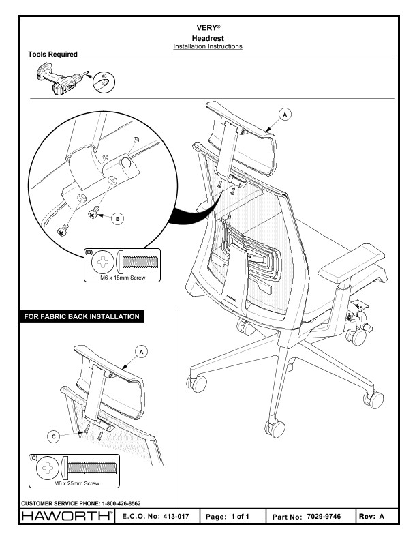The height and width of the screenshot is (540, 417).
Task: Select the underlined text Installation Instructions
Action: [208, 46]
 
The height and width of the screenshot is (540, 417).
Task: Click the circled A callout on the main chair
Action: [284, 113]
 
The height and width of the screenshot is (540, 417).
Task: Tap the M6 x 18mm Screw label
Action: [123, 277]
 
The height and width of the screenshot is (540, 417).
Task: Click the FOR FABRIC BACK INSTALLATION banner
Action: [81, 316]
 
